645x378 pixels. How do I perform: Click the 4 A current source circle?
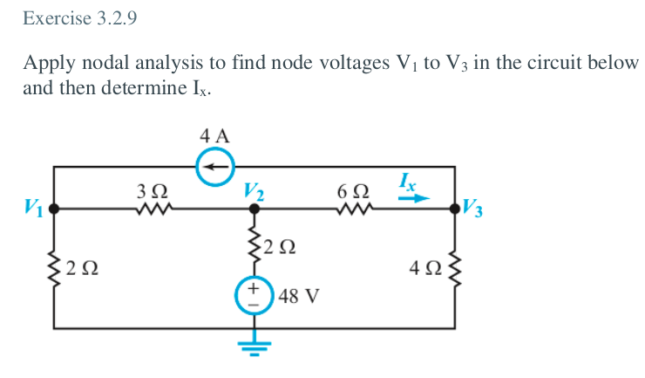(x=214, y=167)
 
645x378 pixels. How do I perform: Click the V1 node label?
(x=32, y=209)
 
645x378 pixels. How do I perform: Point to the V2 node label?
(x=255, y=189)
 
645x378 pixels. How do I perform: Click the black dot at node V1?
(x=54, y=210)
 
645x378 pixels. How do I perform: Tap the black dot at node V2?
(x=255, y=210)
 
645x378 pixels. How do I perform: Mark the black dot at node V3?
(x=454, y=210)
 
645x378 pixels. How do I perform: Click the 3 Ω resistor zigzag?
(x=153, y=210)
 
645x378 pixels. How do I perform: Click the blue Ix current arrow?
(x=414, y=198)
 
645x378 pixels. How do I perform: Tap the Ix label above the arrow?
(x=407, y=181)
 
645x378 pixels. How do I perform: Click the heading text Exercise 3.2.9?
(x=80, y=18)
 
